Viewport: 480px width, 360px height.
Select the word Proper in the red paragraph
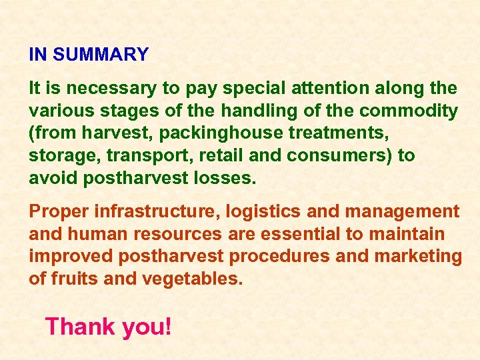point(59,212)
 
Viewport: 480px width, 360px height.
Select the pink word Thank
point(78,327)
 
